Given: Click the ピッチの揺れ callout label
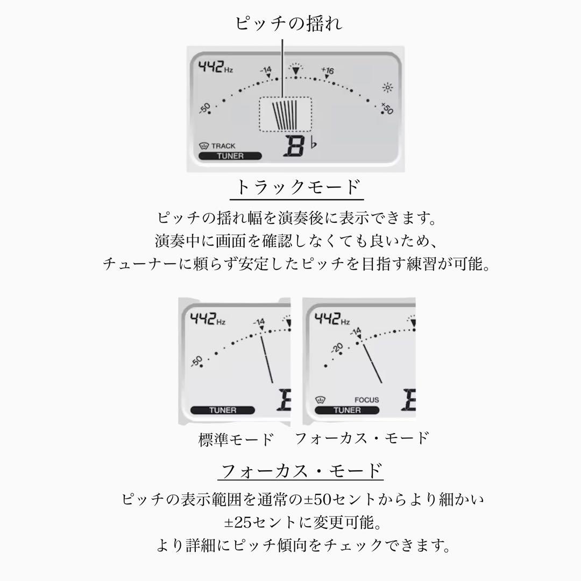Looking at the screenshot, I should click(289, 24).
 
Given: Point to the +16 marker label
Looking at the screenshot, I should click(328, 70).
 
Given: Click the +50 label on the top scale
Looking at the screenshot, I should click(387, 109).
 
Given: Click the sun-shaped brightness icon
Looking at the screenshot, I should click(387, 88).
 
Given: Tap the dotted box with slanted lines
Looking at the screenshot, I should click(285, 114).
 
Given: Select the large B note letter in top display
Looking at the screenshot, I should click(295, 147).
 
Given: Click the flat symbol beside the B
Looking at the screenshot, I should click(314, 143).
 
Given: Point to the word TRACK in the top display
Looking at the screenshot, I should click(223, 146).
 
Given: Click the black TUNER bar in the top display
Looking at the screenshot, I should click(230, 156).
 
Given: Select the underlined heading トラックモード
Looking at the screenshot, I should click(297, 188).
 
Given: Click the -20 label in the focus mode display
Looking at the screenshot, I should click(337, 348).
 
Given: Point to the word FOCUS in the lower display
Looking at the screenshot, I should click(366, 400).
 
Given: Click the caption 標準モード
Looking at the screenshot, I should click(236, 440).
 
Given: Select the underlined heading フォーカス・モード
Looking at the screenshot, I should click(301, 471).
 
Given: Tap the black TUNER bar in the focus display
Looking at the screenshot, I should click(347, 410).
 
